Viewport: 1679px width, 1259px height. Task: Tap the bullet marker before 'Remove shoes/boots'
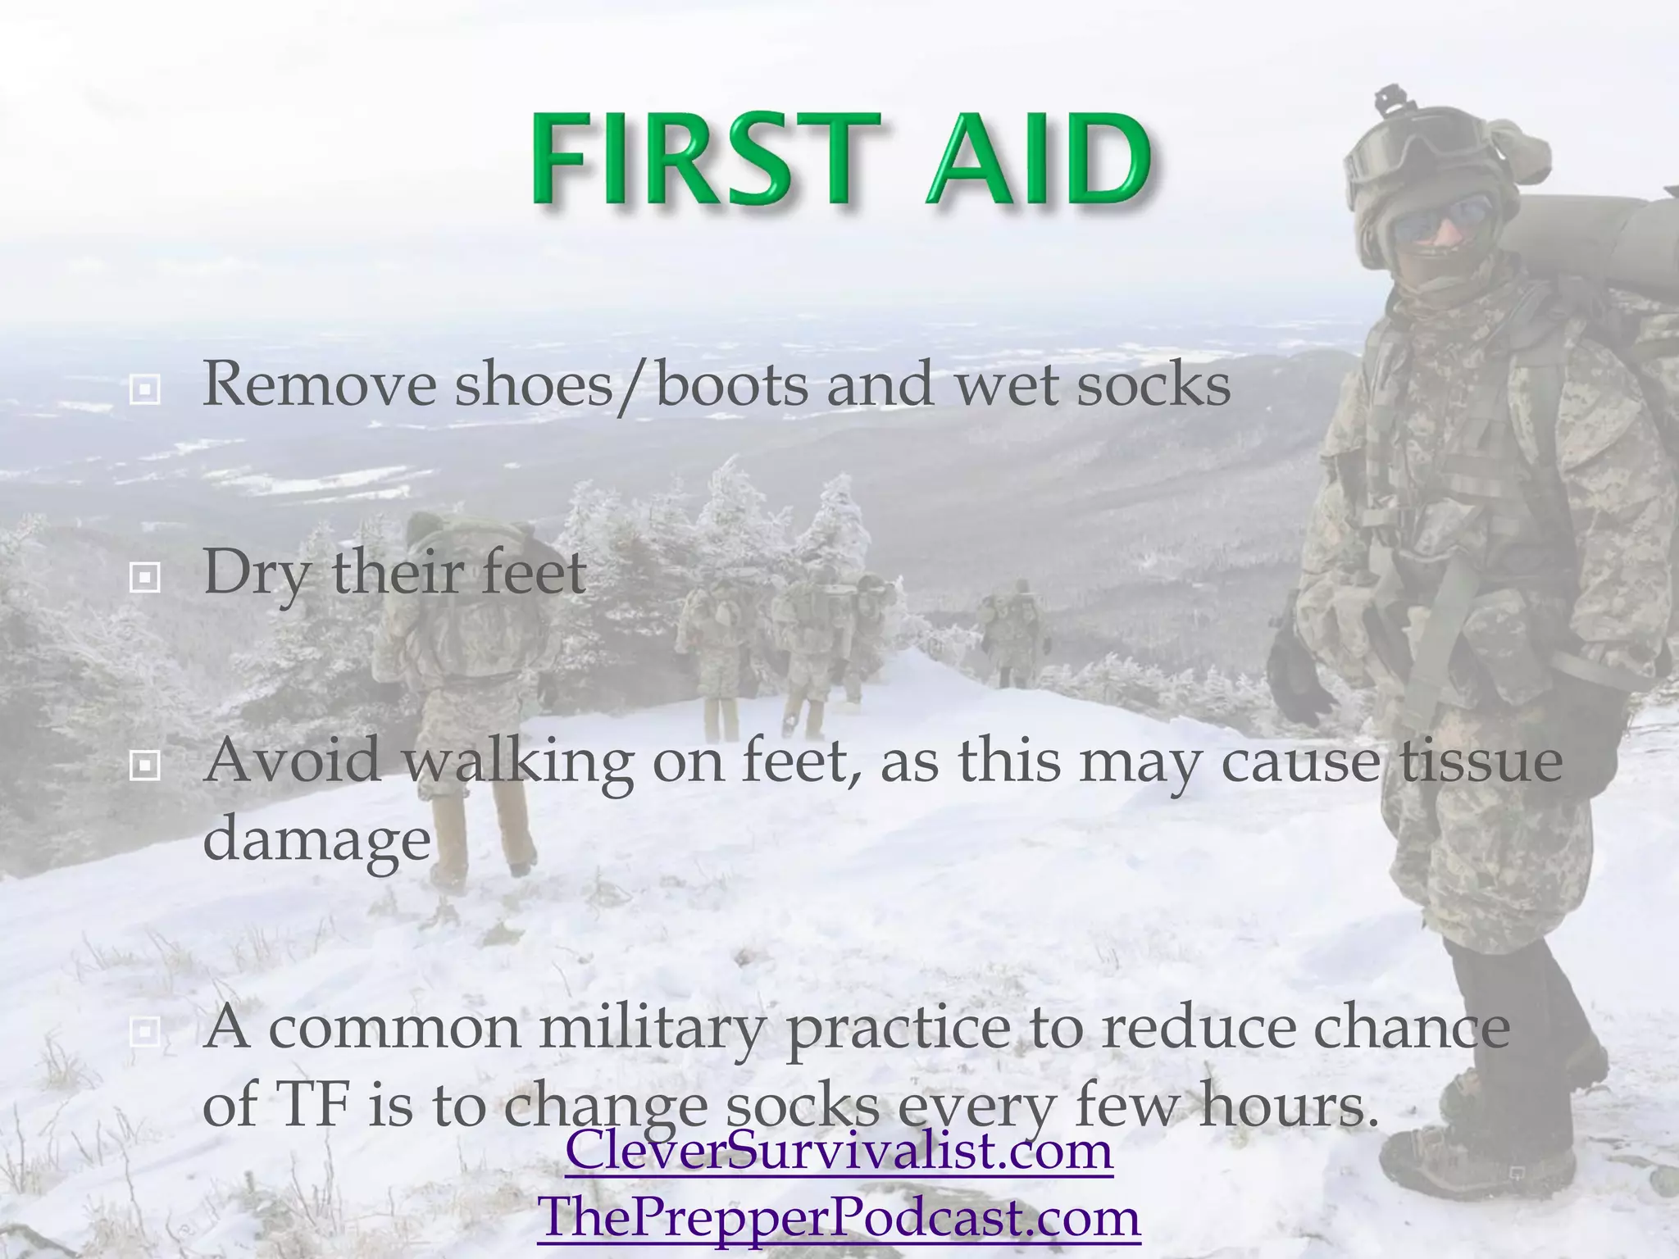(145, 389)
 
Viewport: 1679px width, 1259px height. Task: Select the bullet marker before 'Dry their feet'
(145, 578)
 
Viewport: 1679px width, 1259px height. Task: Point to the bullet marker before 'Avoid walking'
(145, 766)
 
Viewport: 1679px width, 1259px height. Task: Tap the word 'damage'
(316, 839)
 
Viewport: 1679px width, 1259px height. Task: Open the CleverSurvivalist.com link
(839, 1149)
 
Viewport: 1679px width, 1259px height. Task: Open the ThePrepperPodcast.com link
(839, 1216)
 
